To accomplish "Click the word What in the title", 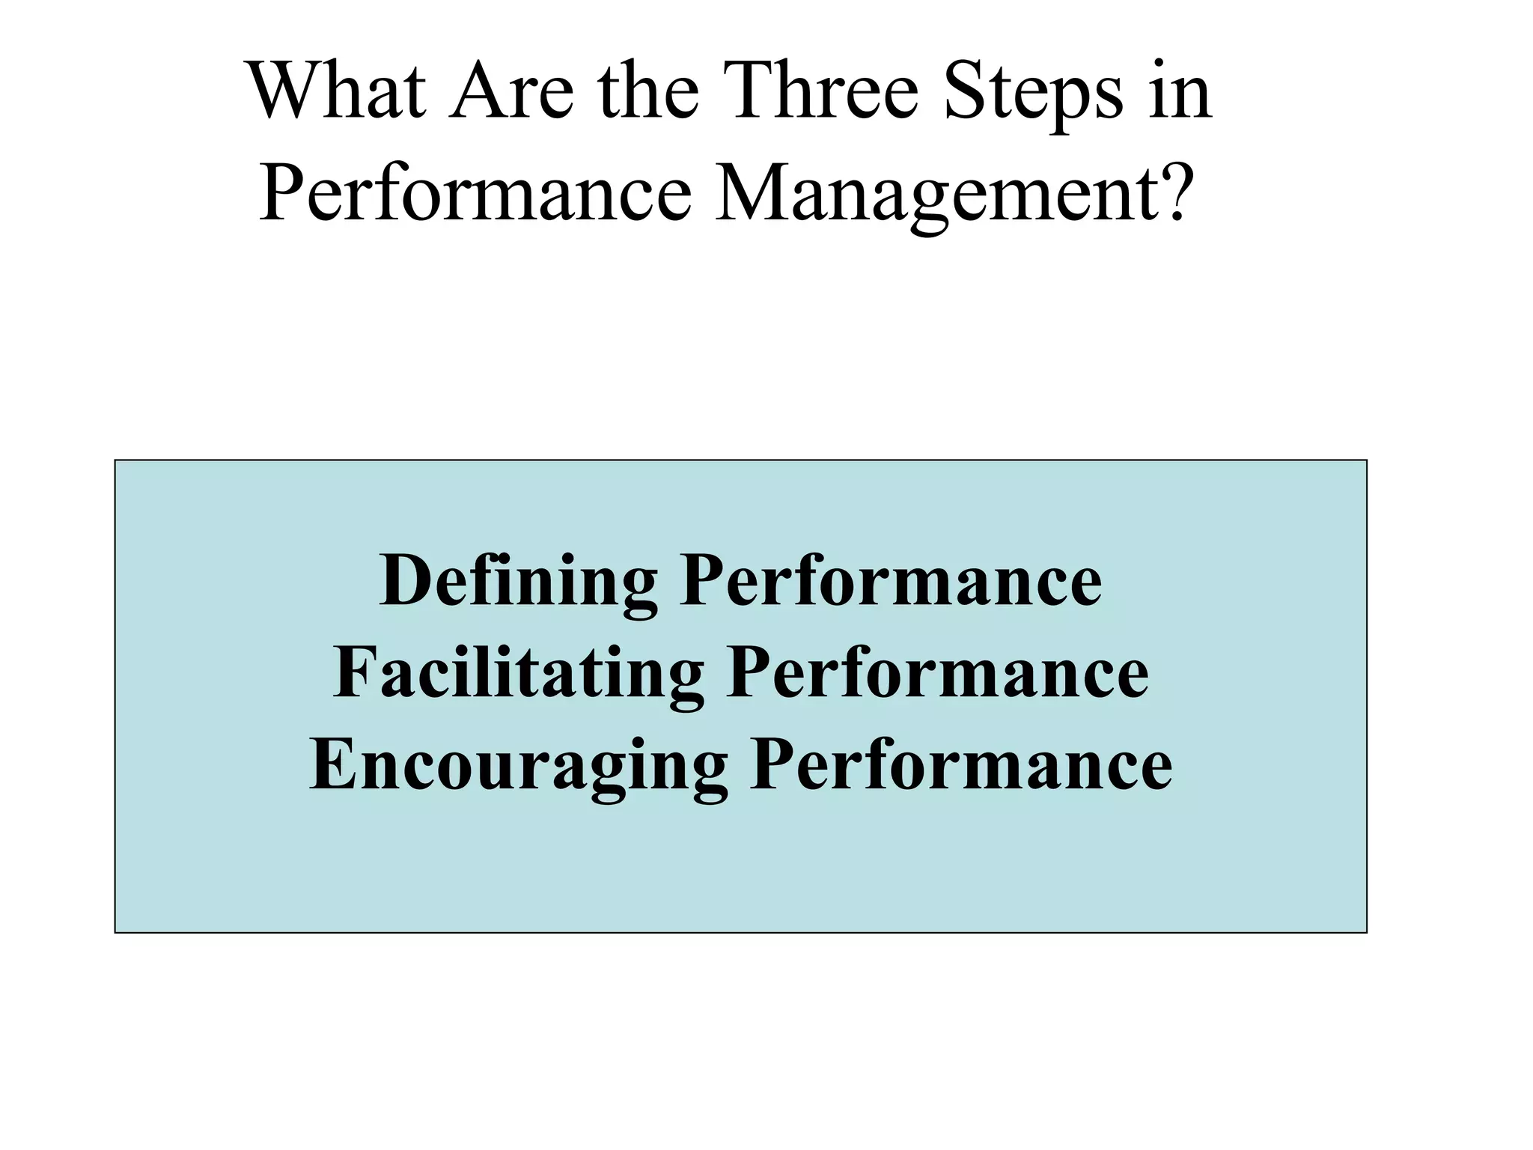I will coord(338,93).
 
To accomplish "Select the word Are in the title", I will coord(511,93).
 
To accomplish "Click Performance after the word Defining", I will coord(891,582).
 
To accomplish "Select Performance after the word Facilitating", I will coord(937,673).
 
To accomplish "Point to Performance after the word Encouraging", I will coord(961,764).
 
